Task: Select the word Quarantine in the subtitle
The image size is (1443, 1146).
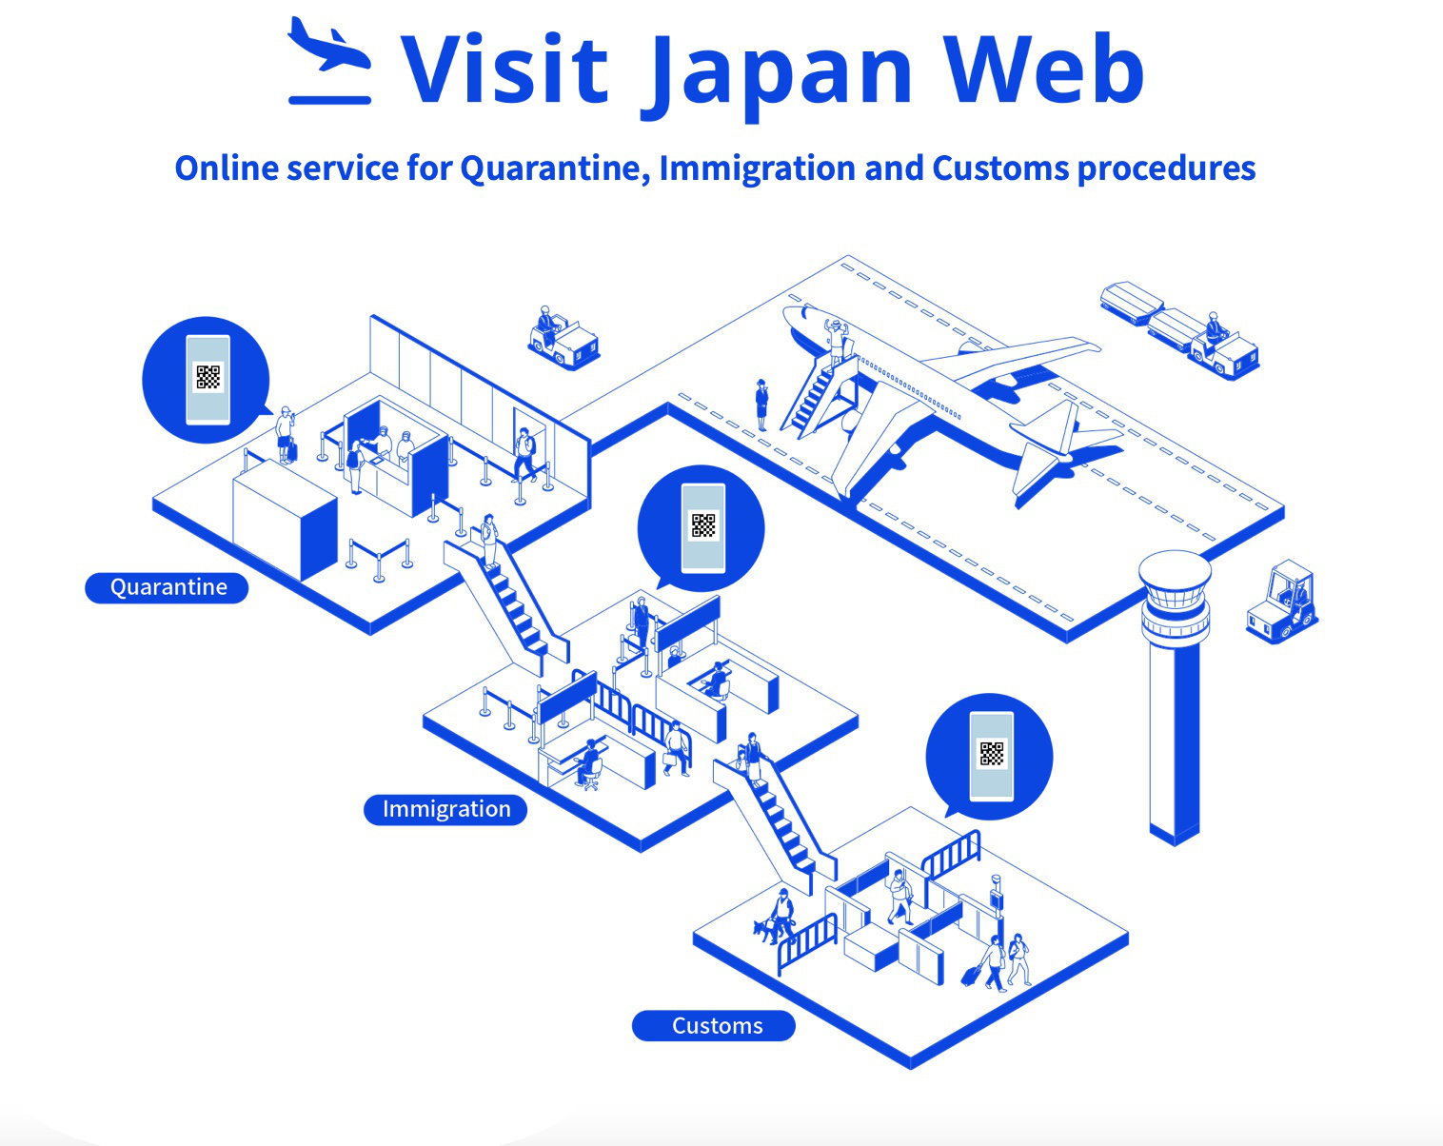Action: (x=553, y=169)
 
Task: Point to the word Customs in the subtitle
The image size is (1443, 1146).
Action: (x=1000, y=168)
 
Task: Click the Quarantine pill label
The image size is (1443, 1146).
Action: (x=168, y=587)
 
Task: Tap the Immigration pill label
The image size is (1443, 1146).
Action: (x=445, y=809)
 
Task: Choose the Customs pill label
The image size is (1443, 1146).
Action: (x=715, y=1026)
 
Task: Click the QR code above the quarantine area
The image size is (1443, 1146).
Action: (x=208, y=377)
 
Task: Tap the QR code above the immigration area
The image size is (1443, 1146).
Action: (x=703, y=525)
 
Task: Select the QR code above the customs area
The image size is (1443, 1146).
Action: (x=991, y=754)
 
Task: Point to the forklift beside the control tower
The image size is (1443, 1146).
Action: (x=1282, y=603)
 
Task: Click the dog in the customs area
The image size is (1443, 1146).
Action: (x=764, y=929)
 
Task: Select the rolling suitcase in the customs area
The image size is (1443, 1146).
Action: (x=972, y=975)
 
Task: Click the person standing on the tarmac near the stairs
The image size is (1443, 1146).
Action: (x=761, y=404)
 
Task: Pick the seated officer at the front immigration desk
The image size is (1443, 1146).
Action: (x=590, y=762)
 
